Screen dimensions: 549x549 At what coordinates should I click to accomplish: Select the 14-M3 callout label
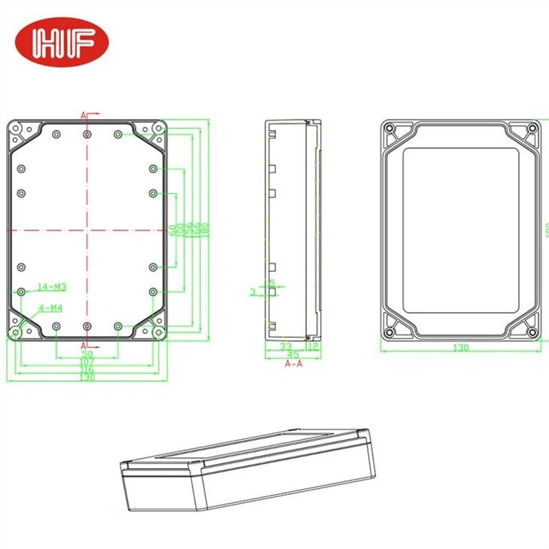pos(53,287)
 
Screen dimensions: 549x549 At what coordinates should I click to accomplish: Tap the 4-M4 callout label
pos(50,307)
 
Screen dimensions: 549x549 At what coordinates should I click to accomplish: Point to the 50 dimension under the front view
pos(86,353)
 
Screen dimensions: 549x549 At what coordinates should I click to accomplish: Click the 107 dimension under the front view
pos(86,362)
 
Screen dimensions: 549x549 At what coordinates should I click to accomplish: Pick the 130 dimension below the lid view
pos(460,347)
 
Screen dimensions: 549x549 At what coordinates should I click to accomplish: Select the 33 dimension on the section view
pos(285,347)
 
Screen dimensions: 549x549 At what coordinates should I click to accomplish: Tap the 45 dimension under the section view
pos(293,355)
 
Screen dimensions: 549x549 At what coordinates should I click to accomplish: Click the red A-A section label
pos(293,364)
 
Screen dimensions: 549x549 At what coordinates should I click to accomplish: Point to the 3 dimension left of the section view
pos(252,290)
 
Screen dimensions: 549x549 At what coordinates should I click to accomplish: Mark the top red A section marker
pos(83,115)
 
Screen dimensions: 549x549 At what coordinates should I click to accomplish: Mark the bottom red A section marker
pos(83,344)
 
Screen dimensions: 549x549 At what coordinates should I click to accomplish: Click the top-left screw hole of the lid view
pos(390,129)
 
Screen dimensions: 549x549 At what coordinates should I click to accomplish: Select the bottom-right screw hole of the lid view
pos(532,332)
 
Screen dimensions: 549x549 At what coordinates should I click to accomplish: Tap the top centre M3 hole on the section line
pos(88,134)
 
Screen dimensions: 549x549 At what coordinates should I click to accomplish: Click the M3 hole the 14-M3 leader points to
pos(21,291)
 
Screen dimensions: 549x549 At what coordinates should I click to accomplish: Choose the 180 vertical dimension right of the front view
pos(205,229)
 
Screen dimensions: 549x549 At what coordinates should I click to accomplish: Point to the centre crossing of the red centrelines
pos(88,230)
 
